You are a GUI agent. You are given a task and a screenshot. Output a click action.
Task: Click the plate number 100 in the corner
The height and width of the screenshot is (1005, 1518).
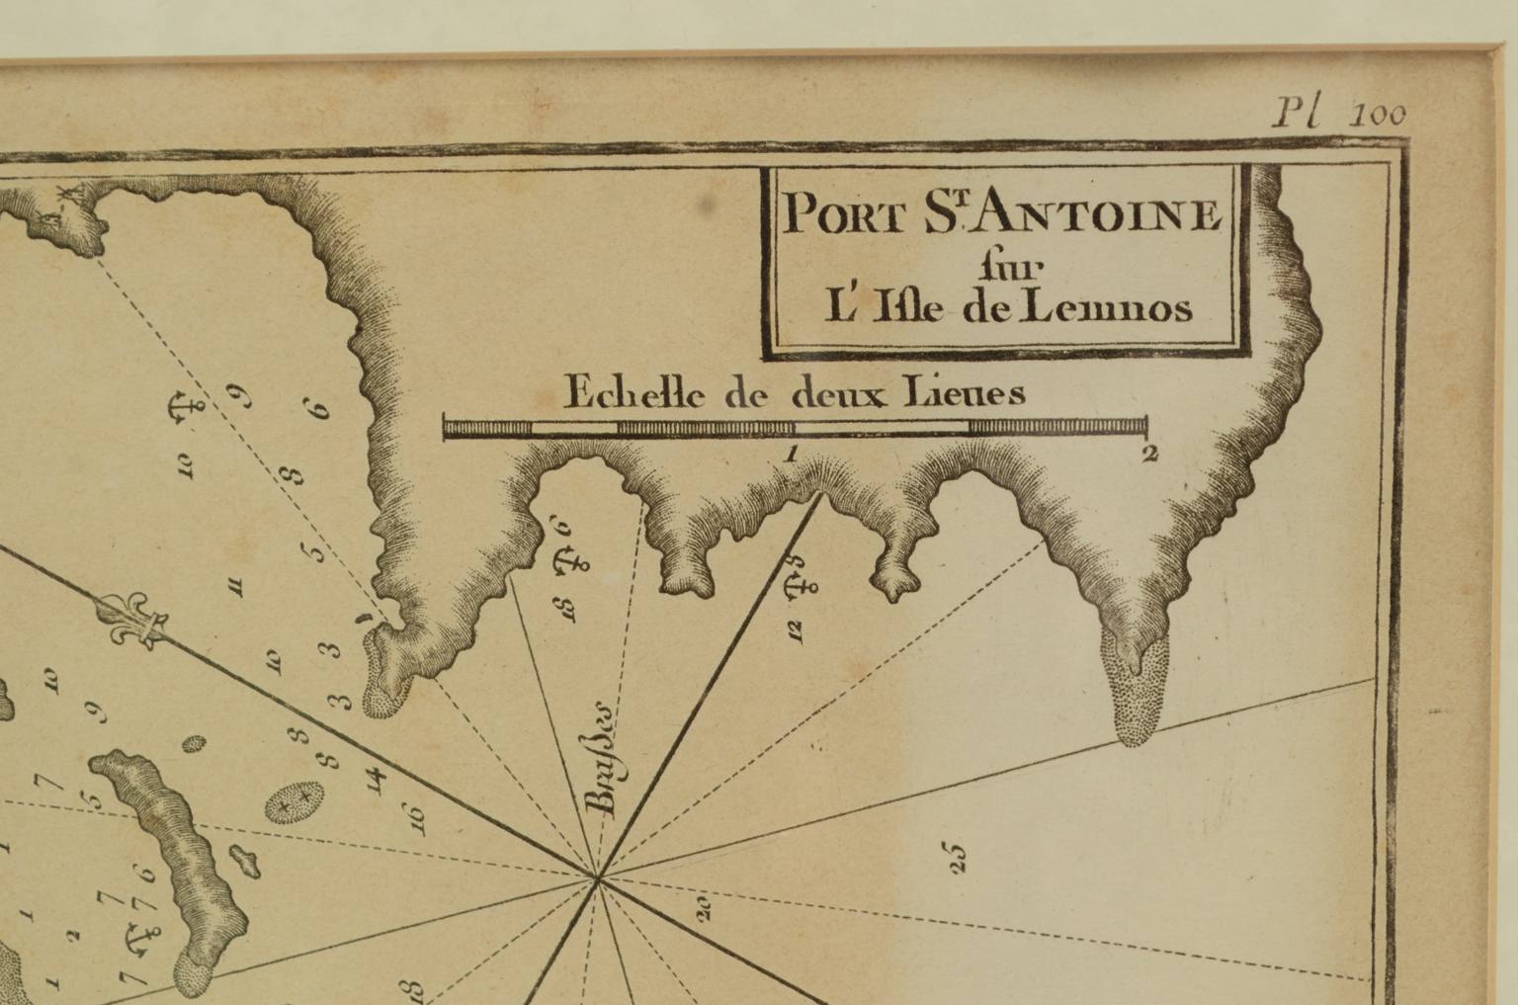(1381, 115)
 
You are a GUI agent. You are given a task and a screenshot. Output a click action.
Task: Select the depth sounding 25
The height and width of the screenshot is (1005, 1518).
(957, 857)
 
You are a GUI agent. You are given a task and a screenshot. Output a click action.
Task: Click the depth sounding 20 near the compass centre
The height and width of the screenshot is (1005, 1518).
(704, 907)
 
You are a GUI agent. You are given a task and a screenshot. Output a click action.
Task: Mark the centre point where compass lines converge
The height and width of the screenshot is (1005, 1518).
(597, 877)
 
